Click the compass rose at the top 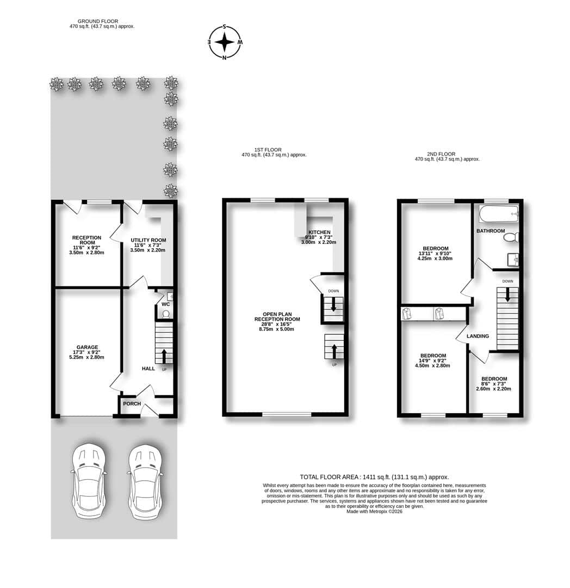[x=225, y=42]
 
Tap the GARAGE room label [x=87, y=347]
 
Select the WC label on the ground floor [x=165, y=304]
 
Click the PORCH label [x=132, y=403]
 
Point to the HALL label [x=148, y=369]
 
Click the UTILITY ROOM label [x=148, y=240]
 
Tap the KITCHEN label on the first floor [x=319, y=232]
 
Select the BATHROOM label [x=491, y=231]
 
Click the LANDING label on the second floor [x=478, y=336]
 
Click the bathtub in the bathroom [x=499, y=214]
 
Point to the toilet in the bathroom [x=511, y=237]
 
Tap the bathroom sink [x=513, y=260]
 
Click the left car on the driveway [x=89, y=481]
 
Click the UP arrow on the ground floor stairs [x=164, y=356]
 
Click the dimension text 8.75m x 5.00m [x=276, y=329]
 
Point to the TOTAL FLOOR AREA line [x=374, y=477]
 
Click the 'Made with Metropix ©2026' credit [x=374, y=511]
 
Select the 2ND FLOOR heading [x=441, y=154]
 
